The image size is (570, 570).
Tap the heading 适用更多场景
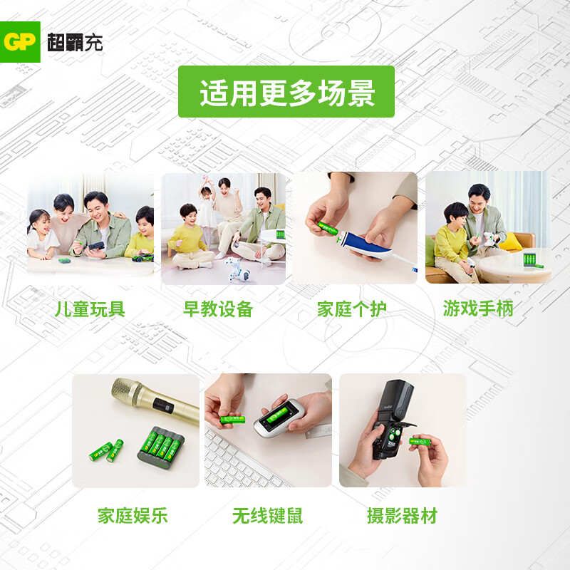pos(286,92)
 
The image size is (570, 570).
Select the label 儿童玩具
pos(90,309)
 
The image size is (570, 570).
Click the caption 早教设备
pos(218,309)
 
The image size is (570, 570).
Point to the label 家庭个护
pos(352,309)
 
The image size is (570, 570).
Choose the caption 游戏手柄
pos(477,309)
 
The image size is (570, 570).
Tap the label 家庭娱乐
pos(133,516)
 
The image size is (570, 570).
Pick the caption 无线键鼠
pos(267,516)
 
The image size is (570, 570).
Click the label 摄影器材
pos(402,516)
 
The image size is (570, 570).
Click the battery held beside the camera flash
pos(420,442)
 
